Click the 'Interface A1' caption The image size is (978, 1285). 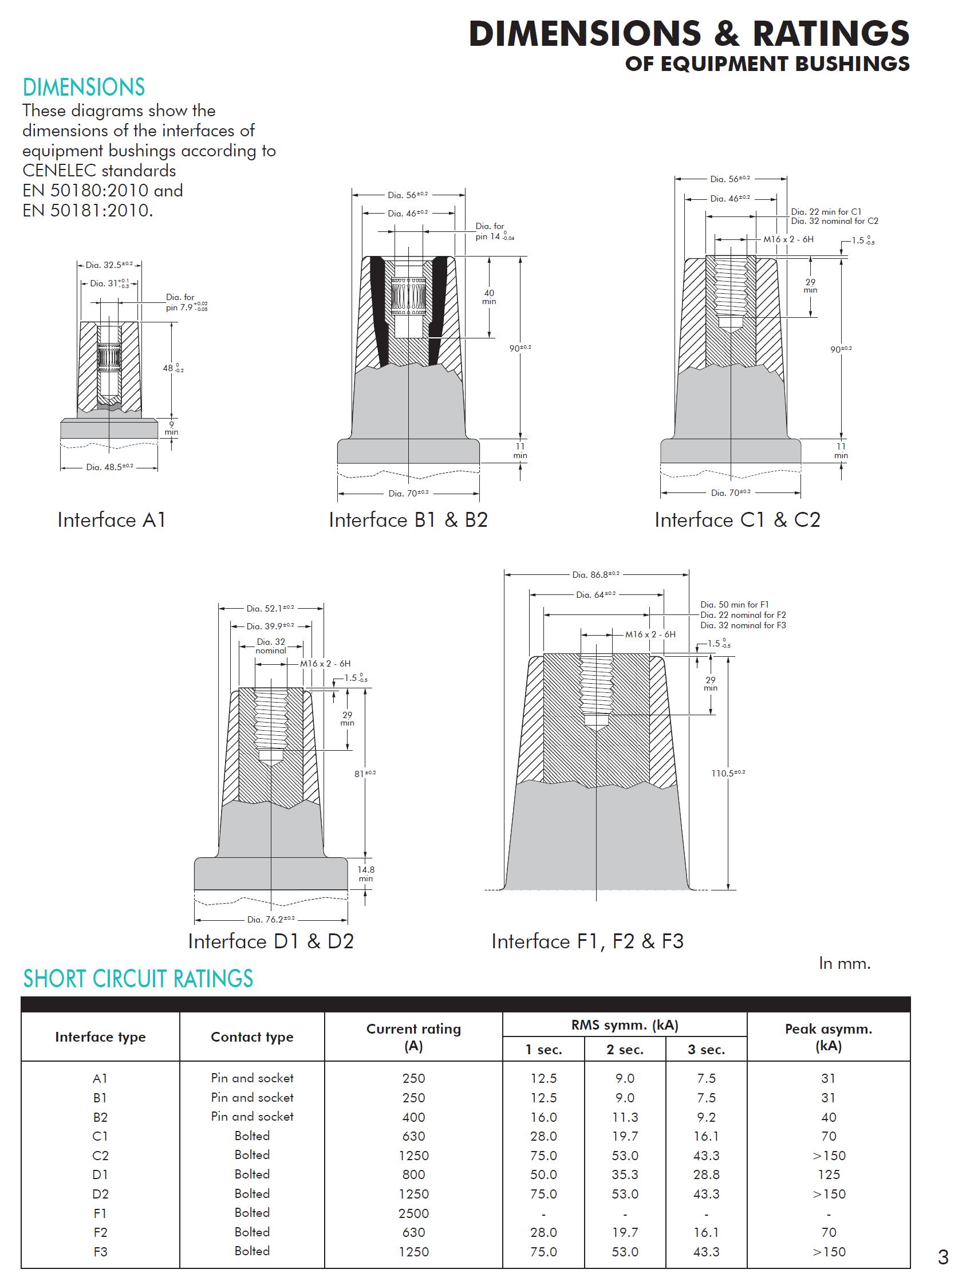tap(112, 520)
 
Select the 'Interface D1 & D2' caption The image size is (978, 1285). tap(271, 941)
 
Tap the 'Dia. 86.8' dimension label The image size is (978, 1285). tap(596, 575)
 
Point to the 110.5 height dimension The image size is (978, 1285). tap(728, 773)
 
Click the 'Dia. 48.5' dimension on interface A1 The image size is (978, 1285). tap(109, 467)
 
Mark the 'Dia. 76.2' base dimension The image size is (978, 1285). tap(271, 919)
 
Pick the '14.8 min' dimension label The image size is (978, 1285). tap(365, 874)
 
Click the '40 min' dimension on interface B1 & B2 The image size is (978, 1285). tap(489, 297)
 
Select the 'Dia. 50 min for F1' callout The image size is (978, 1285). tap(734, 604)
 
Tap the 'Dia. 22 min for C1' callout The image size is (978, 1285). tap(826, 212)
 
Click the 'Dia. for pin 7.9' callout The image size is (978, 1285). tap(186, 302)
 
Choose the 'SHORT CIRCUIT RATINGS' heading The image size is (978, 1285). tap(138, 979)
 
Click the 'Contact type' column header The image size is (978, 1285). tap(252, 1037)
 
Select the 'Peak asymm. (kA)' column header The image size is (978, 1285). tap(829, 1037)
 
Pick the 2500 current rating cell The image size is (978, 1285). tap(413, 1213)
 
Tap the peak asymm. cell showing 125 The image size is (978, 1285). tap(829, 1175)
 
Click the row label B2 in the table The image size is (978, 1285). tap(100, 1117)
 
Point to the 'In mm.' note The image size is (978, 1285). tap(844, 964)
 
